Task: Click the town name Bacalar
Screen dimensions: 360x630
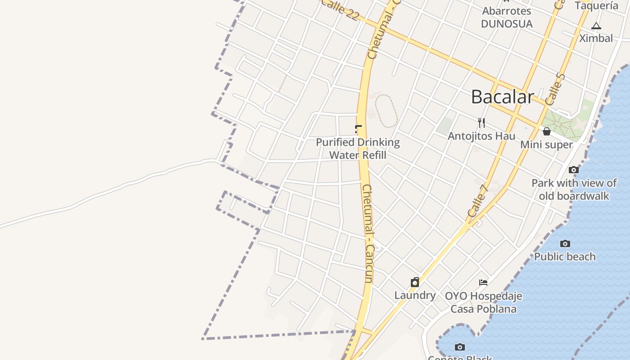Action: (503, 97)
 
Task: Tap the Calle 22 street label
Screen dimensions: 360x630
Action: (340, 9)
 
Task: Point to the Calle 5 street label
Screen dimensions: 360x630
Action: (554, 89)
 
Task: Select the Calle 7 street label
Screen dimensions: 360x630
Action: (477, 201)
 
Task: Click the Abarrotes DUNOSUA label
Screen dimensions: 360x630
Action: (507, 17)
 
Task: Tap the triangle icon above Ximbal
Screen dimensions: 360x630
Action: (596, 26)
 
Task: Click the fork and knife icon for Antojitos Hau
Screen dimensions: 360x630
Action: (481, 122)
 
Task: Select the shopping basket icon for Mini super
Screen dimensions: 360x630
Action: (547, 131)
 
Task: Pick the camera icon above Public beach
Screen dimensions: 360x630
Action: (565, 244)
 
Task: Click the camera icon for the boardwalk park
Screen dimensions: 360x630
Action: (574, 170)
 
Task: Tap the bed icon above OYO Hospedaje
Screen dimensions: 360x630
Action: (483, 283)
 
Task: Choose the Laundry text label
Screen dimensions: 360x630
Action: (415, 296)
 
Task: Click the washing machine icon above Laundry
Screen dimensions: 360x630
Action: (415, 283)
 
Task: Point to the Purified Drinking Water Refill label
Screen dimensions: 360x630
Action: (358, 149)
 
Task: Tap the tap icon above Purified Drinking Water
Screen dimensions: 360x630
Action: (358, 130)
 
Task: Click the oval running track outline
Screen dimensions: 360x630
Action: (386, 111)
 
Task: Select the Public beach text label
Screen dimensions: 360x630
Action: (565, 257)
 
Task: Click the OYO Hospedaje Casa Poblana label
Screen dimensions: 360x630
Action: (483, 302)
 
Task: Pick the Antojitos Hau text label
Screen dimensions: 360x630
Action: (481, 136)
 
